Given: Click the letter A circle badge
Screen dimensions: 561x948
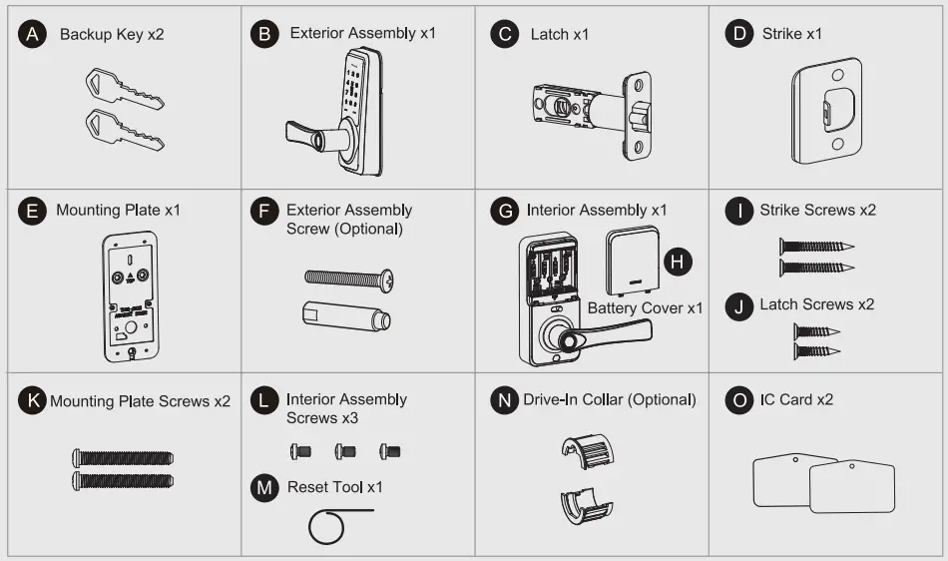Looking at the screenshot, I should [35, 34].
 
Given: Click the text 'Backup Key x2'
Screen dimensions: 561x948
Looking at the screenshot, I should [112, 34].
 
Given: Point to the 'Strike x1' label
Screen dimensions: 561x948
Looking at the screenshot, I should [791, 34].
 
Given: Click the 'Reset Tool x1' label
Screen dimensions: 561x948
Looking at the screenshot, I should [334, 487].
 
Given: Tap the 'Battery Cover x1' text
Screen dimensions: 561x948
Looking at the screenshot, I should [645, 307].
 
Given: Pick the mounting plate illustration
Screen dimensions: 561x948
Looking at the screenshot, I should [131, 296].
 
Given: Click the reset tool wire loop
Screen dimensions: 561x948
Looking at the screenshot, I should [325, 527].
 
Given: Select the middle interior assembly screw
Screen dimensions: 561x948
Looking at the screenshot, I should [345, 452].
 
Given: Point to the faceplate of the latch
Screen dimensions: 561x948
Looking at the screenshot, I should [637, 117].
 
